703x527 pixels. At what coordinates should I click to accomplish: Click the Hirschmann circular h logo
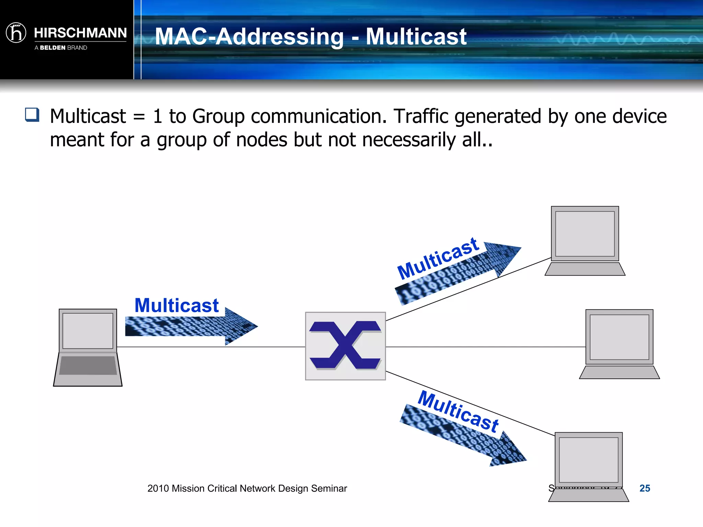click(16, 33)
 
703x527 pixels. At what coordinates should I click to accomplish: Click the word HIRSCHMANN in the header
click(80, 33)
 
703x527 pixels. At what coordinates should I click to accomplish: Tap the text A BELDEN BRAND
click(61, 48)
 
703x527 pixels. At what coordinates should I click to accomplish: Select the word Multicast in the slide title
click(416, 36)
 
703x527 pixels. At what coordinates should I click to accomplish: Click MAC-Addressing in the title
click(249, 36)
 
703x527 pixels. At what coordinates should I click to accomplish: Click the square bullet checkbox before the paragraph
click(32, 115)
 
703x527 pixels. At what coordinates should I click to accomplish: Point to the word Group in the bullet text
click(218, 116)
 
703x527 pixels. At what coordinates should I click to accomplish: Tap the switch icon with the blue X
click(345, 346)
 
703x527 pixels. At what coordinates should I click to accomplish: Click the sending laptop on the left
click(88, 347)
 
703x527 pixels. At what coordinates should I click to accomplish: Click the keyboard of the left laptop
click(88, 366)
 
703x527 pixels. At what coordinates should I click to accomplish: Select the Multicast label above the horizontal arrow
click(176, 305)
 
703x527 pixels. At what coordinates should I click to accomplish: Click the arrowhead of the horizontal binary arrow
click(242, 326)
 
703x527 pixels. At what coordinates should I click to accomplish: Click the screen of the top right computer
click(585, 234)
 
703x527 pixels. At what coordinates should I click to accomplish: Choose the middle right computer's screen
click(619, 337)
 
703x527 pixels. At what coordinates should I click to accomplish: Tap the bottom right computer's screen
click(588, 460)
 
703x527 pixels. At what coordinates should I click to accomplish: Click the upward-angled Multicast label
click(438, 258)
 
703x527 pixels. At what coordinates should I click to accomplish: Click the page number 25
click(644, 488)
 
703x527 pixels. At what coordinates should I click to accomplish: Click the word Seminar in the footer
click(329, 488)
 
